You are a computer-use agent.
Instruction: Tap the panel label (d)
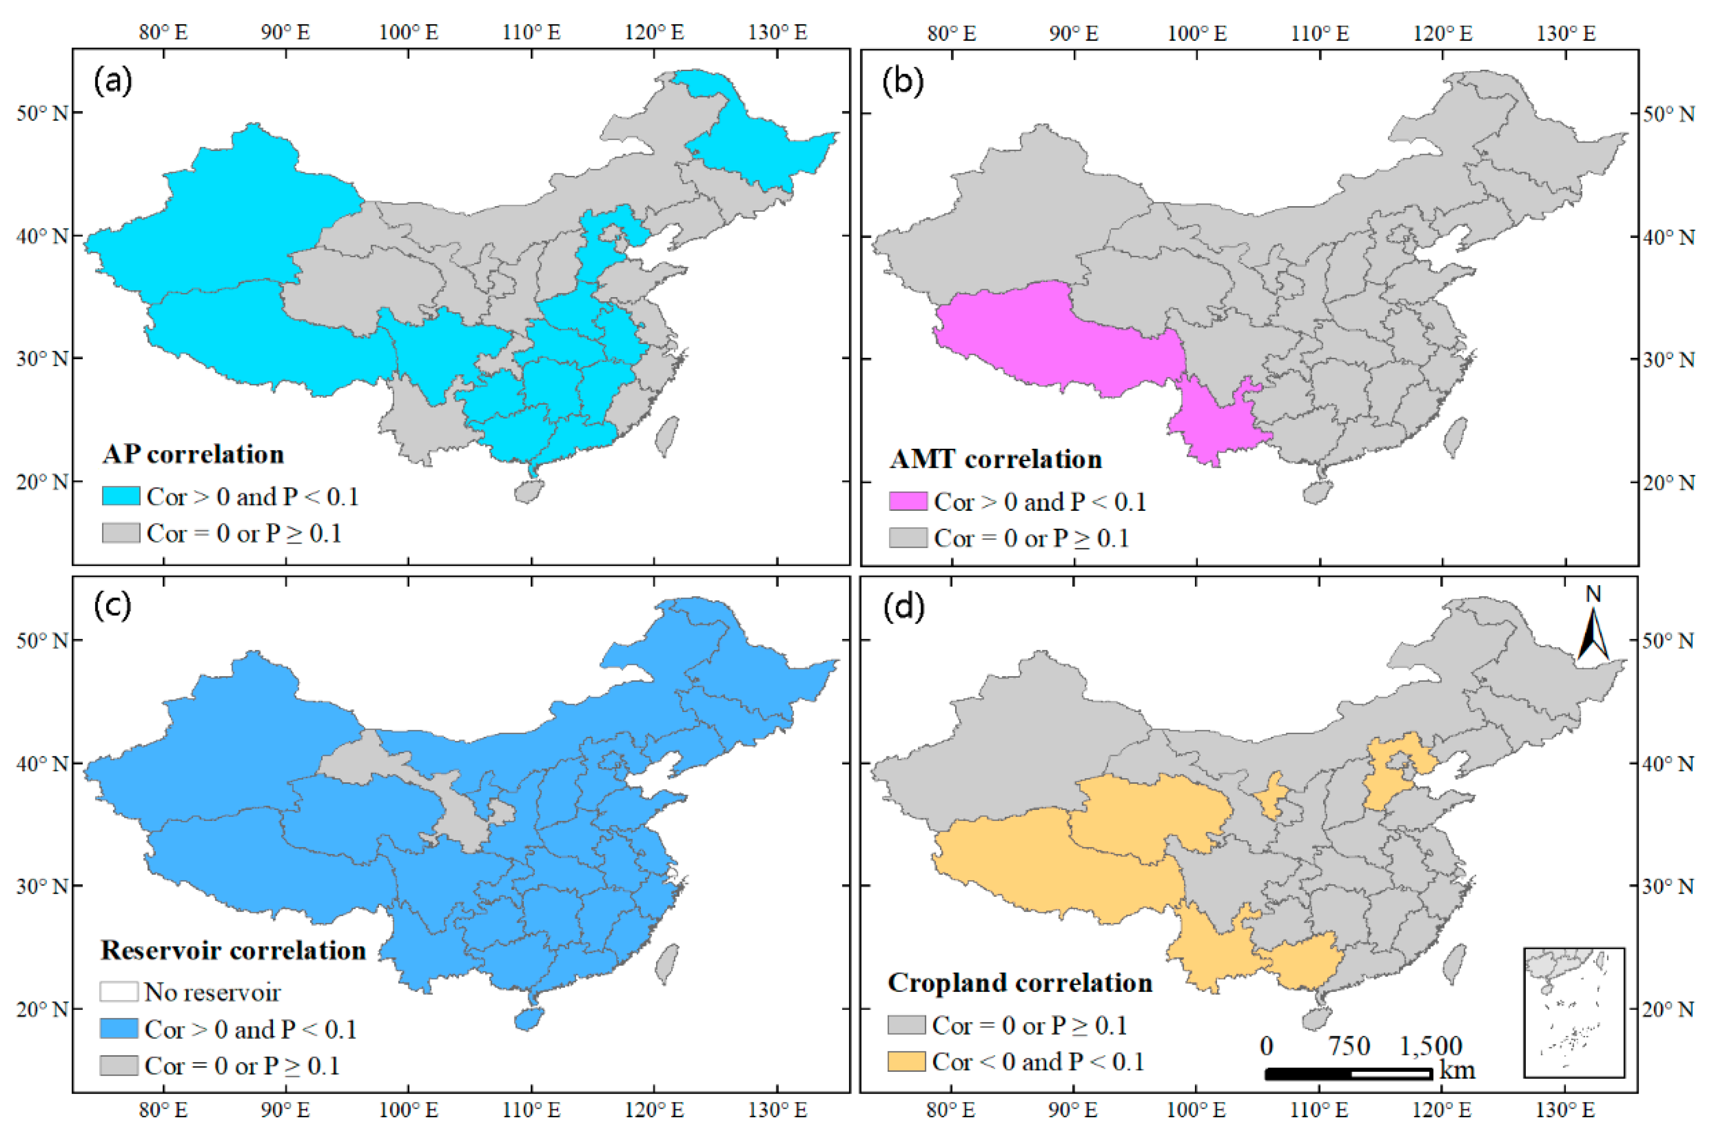pos(903,606)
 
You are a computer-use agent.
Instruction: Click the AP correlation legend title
pos(193,455)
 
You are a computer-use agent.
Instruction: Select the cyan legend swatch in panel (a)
pos(120,496)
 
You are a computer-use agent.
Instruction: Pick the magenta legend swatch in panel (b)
pos(908,502)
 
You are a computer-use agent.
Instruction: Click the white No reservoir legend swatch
pos(119,991)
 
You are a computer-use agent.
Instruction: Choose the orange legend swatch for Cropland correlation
pos(906,1061)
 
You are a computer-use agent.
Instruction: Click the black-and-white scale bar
pos(1348,1073)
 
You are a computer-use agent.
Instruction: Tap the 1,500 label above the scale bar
pos(1430,1046)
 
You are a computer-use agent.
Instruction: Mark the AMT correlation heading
pos(996,459)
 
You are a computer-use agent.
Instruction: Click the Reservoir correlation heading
pos(234,950)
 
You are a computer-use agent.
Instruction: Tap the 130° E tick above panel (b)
pos(1566,33)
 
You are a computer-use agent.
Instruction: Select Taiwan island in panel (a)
pos(667,436)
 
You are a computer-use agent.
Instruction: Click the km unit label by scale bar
pos(1457,1070)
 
